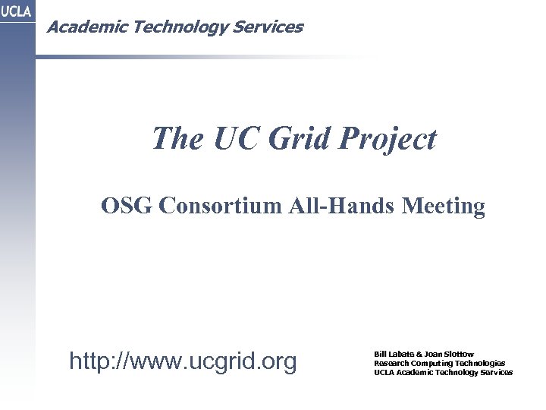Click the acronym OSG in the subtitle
click(x=127, y=207)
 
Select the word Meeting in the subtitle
click(x=445, y=207)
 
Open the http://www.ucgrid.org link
click(x=183, y=362)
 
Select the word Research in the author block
click(x=391, y=363)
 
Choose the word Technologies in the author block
click(x=482, y=363)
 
